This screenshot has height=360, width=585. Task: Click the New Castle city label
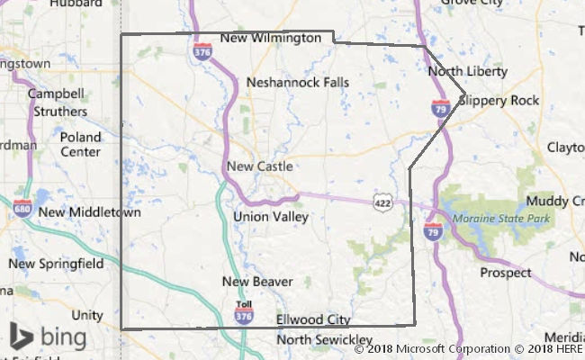[x=259, y=166]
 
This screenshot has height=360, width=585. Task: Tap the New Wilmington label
[x=270, y=39]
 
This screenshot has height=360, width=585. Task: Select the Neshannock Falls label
[x=298, y=82]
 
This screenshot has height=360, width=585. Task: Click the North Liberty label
[x=467, y=71]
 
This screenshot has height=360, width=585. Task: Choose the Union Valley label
[x=270, y=217]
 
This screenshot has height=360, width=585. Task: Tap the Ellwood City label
[x=312, y=319]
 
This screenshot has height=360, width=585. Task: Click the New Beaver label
[x=257, y=282]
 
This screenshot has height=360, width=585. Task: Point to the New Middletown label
[x=90, y=213]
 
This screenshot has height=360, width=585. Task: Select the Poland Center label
[x=80, y=145]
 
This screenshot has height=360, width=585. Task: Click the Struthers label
[x=60, y=112]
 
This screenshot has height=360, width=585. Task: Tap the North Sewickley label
[x=311, y=339]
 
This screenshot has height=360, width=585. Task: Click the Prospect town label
[x=505, y=272]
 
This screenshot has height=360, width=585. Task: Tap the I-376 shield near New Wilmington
[x=202, y=51]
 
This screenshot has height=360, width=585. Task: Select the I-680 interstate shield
[x=24, y=209]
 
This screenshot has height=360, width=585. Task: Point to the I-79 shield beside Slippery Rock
[x=440, y=108]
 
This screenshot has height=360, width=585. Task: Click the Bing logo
[x=49, y=337]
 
